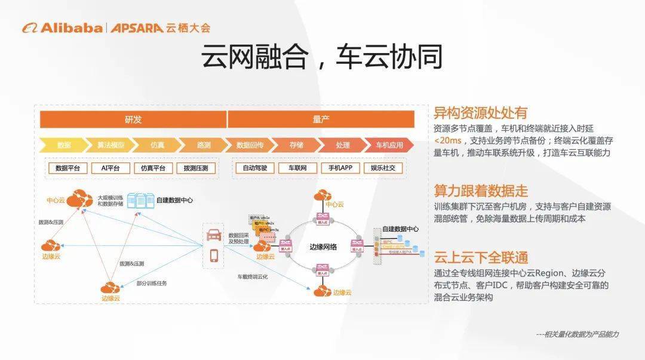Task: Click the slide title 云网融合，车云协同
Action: tap(322, 57)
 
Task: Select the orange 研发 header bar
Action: tap(133, 119)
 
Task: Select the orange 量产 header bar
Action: tap(321, 119)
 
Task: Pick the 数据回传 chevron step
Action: tap(250, 145)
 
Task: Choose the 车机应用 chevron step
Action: tap(389, 145)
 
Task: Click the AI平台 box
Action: tap(110, 168)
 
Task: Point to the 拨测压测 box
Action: tap(196, 168)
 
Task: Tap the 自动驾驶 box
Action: tap(255, 168)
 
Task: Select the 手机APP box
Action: tap(340, 168)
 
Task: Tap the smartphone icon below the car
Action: tap(214, 256)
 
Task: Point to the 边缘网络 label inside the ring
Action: tap(323, 246)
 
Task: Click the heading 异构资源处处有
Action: tap(480, 113)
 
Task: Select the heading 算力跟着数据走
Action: tap(481, 191)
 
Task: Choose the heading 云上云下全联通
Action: tap(481, 258)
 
